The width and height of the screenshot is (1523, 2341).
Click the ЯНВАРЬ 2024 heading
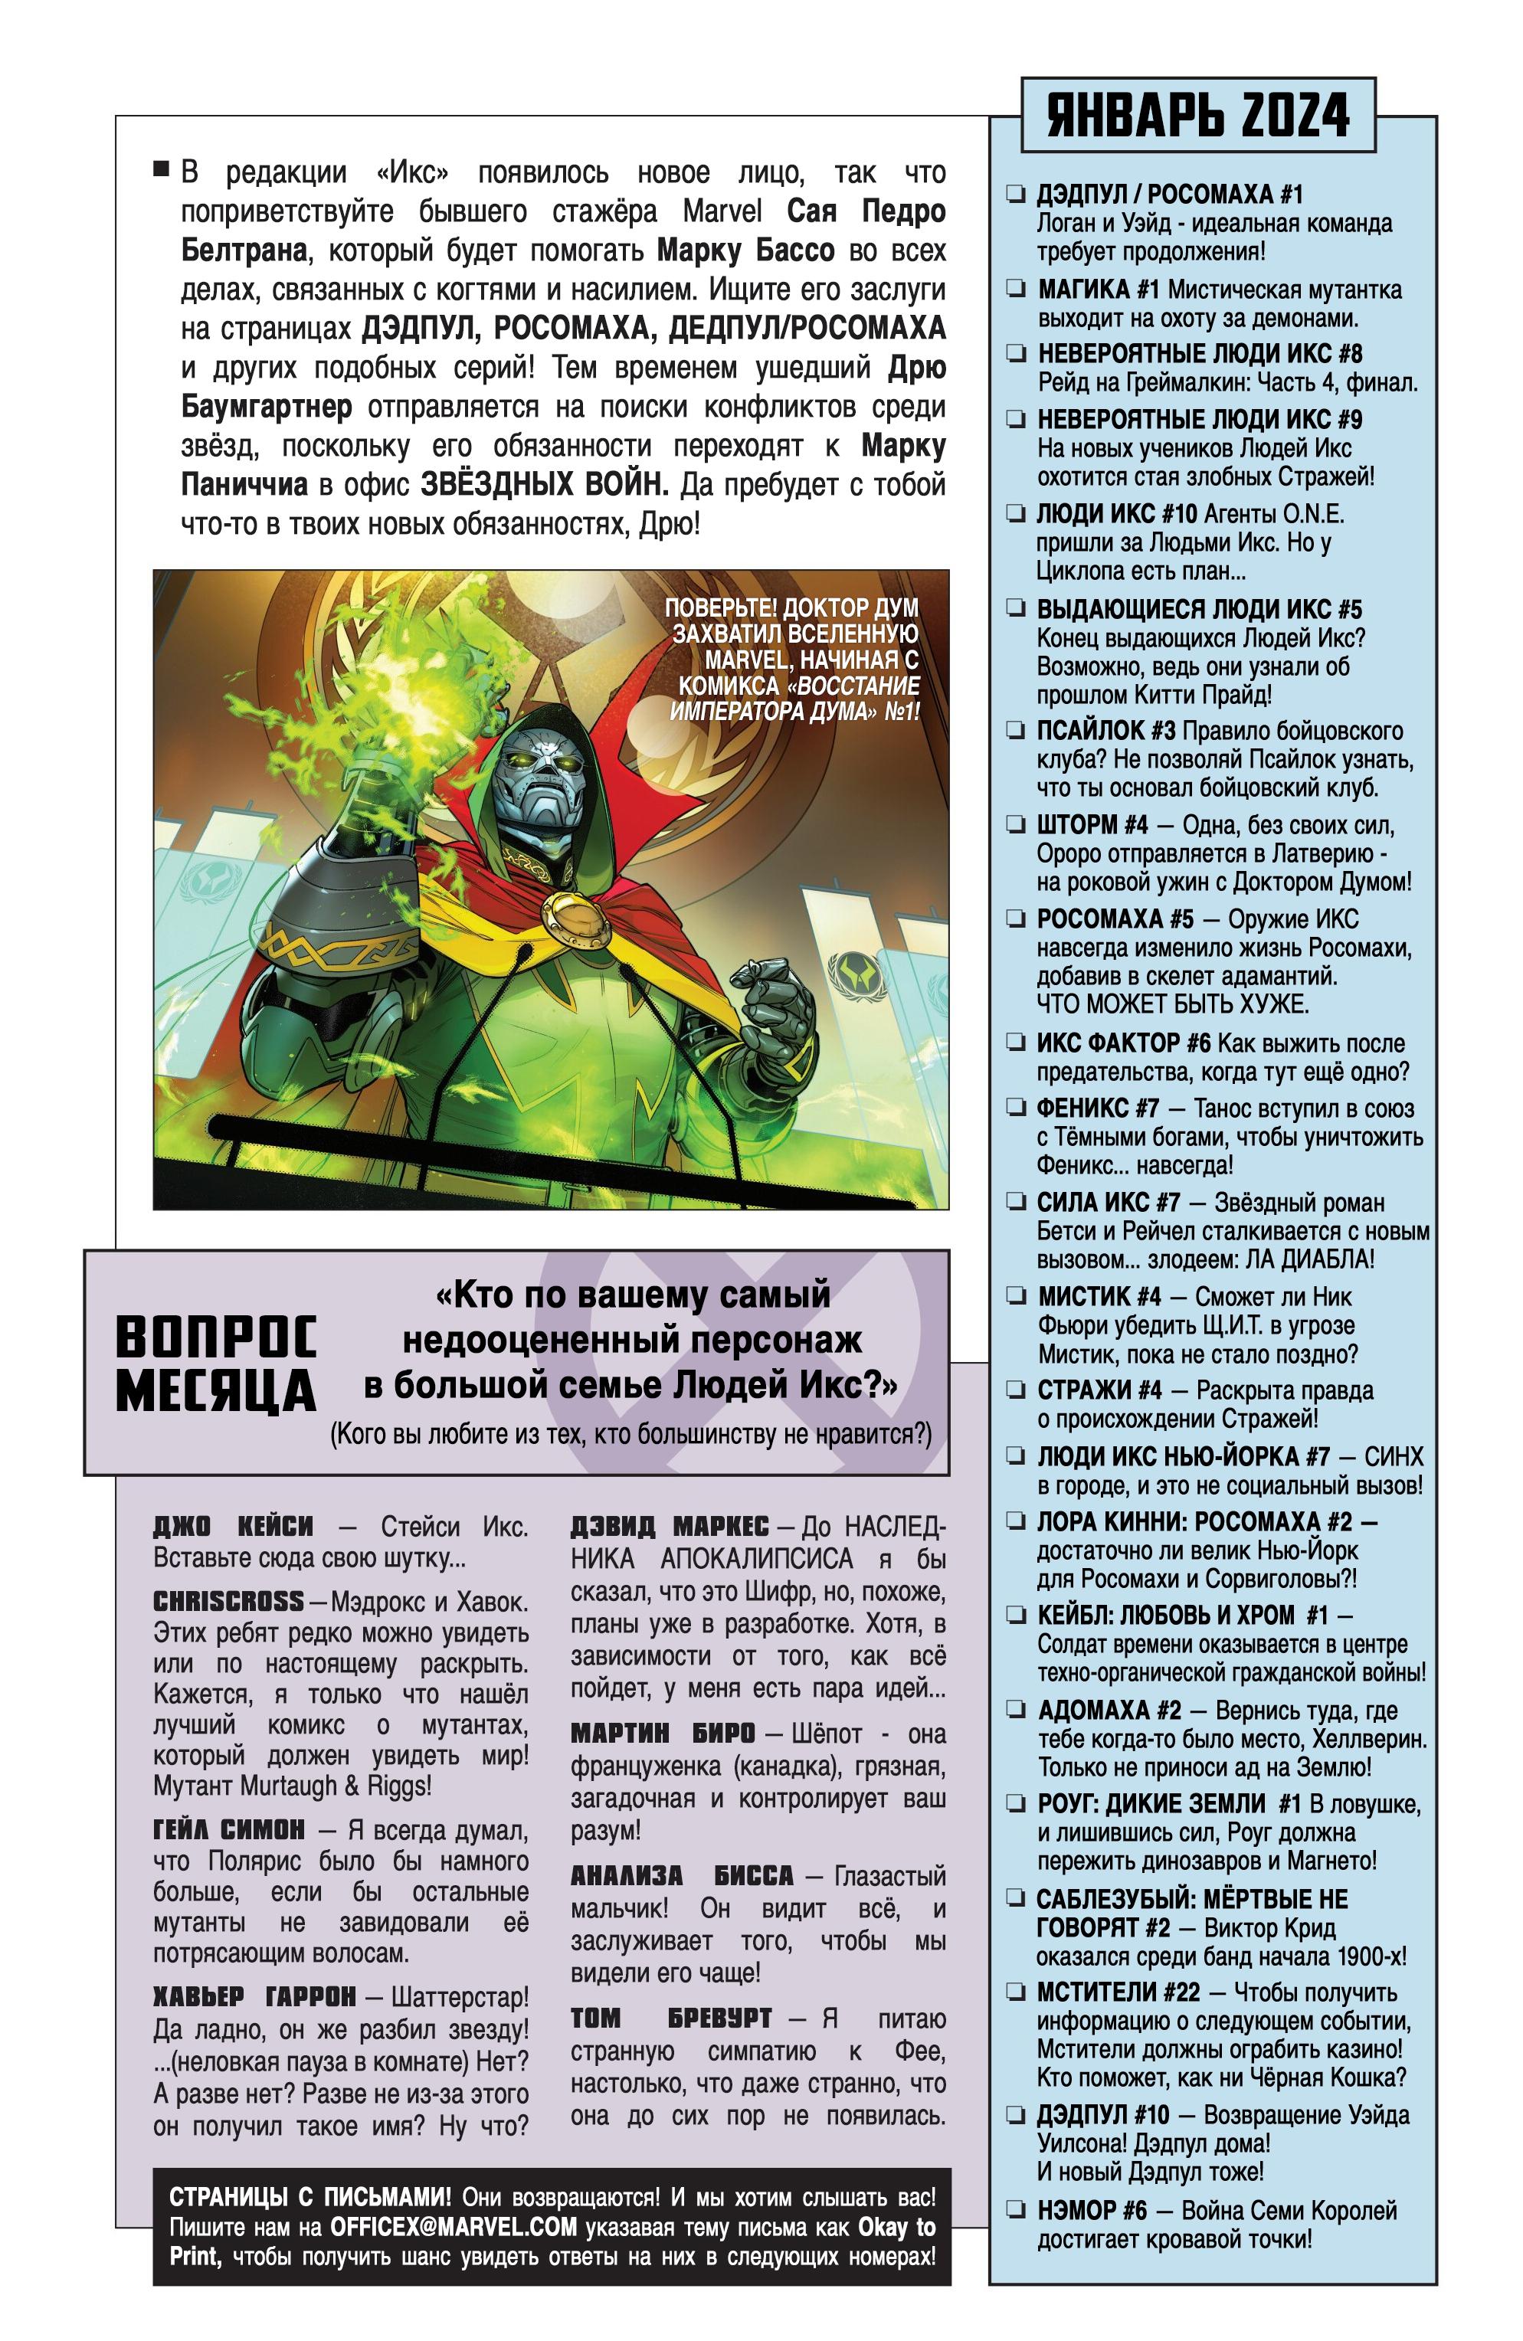pyautogui.click(x=1197, y=115)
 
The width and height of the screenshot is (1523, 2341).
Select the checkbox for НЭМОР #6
pyautogui.click(x=1015, y=2209)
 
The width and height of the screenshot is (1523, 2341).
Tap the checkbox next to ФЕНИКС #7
pyautogui.click(x=1015, y=1108)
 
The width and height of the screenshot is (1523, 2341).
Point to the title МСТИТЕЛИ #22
pyautogui.click(x=1118, y=1992)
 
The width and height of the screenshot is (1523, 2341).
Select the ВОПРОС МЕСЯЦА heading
pyautogui.click(x=217, y=1364)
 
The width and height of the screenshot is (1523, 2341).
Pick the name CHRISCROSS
pyautogui.click(x=228, y=1601)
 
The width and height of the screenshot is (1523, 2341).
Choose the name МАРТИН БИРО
pyautogui.click(x=662, y=1733)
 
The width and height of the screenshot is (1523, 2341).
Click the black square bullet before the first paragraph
pyautogui.click(x=162, y=169)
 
